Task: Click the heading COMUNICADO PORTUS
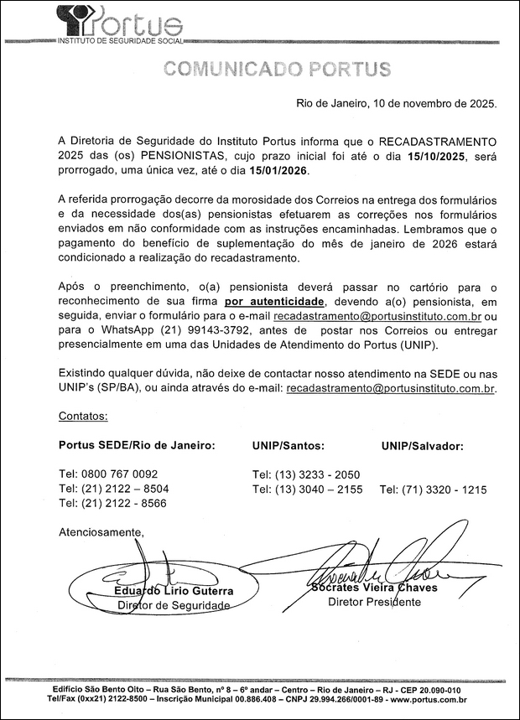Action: [x=277, y=69]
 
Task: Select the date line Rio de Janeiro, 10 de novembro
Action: [x=396, y=104]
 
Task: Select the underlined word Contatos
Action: [x=83, y=416]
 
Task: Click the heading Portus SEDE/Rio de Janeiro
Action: [x=137, y=444]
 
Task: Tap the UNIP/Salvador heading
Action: [x=422, y=444]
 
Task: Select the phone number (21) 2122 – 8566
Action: [x=113, y=503]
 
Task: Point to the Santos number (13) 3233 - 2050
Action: [x=306, y=474]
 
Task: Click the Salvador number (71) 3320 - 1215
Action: [x=433, y=489]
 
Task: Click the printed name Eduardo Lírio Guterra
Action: [x=174, y=590]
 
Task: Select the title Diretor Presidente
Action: [x=374, y=602]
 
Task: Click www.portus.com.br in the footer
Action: [x=429, y=698]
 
